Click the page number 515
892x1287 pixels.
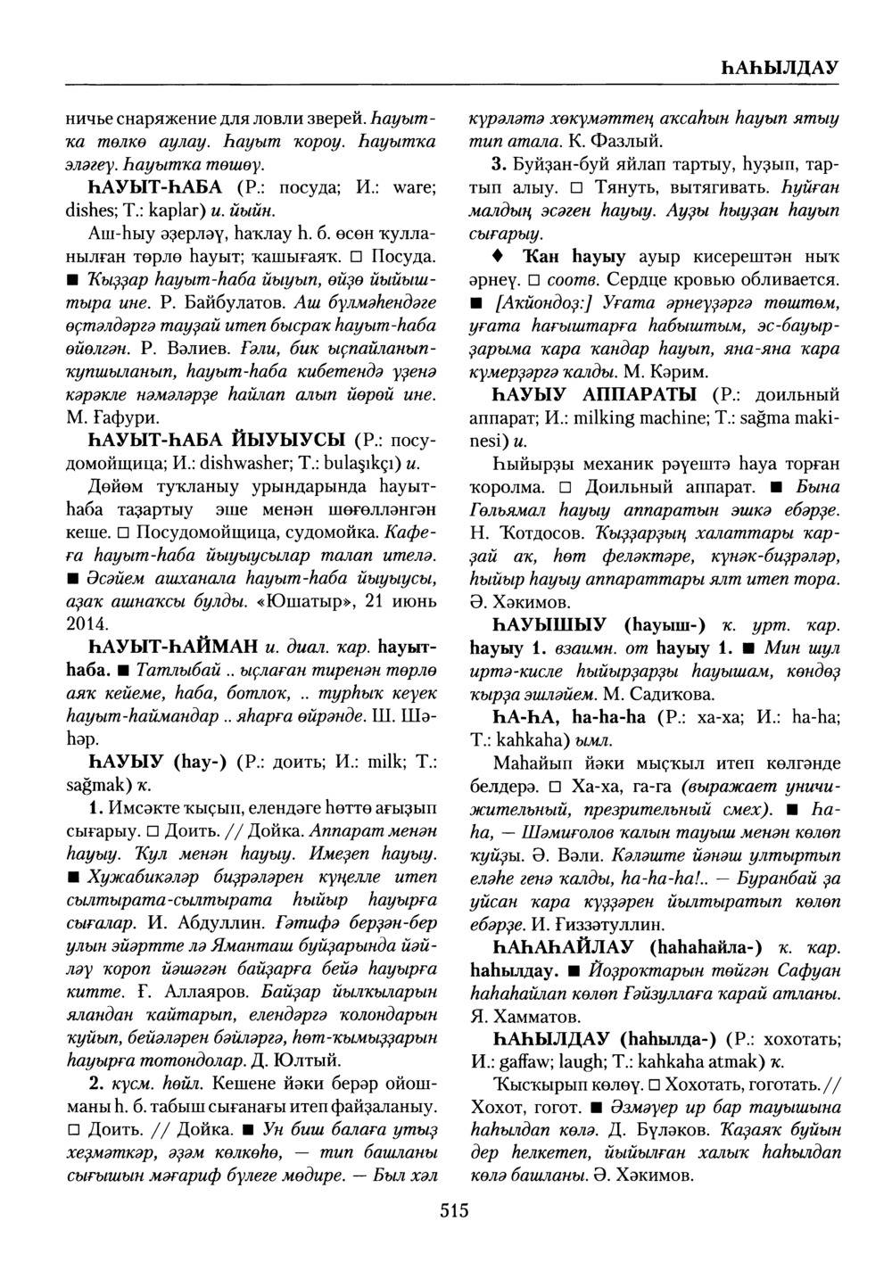pos(453,1210)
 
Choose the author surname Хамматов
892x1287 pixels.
pos(540,1015)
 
